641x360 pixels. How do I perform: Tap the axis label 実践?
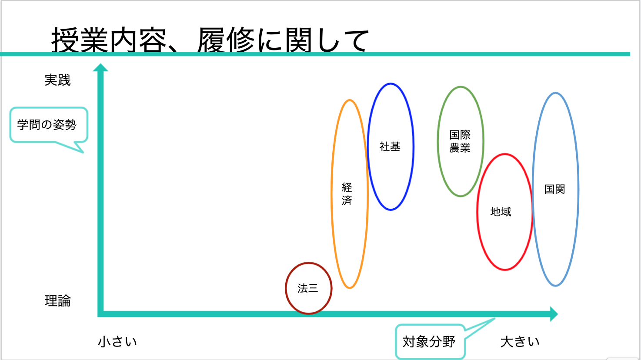[x=57, y=80]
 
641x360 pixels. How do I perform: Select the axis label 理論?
[x=57, y=301]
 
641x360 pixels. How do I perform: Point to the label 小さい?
[x=117, y=342]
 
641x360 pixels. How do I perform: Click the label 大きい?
[x=520, y=342]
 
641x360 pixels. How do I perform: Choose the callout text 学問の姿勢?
[x=47, y=125]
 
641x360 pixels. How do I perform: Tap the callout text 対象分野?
[x=429, y=342]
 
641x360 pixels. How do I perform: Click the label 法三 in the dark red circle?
[x=308, y=288]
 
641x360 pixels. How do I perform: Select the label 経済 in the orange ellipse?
[x=347, y=194]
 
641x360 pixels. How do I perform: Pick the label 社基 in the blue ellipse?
[x=390, y=147]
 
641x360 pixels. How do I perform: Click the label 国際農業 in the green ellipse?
[x=460, y=141]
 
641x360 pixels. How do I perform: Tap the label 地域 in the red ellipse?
[x=501, y=212]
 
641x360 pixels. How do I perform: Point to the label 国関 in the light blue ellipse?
[x=554, y=189]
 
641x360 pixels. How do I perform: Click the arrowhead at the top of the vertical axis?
[x=100, y=67]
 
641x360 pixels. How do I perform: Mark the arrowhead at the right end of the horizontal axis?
[x=554, y=314]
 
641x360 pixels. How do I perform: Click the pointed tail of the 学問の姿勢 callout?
[x=83, y=152]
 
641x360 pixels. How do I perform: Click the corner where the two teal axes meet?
[x=100, y=314]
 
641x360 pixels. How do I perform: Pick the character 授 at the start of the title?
[x=65, y=40]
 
